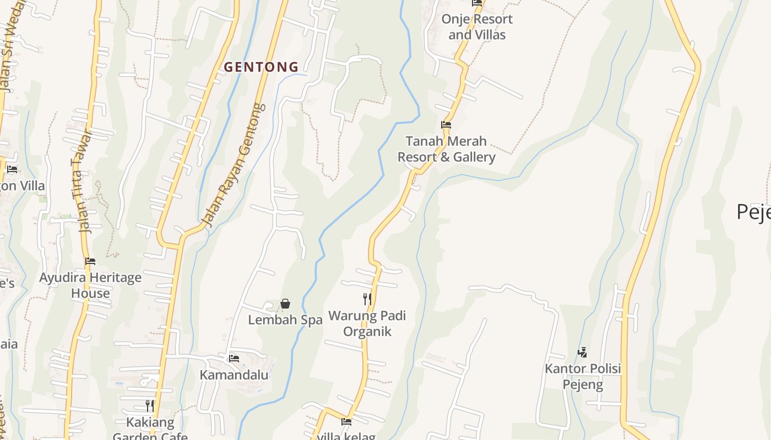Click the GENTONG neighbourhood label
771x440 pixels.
pyautogui.click(x=261, y=67)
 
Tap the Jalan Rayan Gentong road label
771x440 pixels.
pyautogui.click(x=234, y=165)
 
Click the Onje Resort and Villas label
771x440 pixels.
pyautogui.click(x=477, y=26)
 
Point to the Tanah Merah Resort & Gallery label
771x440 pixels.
pyautogui.click(x=447, y=149)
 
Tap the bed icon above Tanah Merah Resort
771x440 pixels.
pyautogui.click(x=446, y=125)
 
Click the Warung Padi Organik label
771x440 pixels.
pyautogui.click(x=367, y=323)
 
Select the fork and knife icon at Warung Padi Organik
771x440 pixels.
pyautogui.click(x=367, y=299)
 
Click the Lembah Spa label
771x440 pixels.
pyautogui.click(x=285, y=320)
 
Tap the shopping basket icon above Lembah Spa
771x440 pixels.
pyautogui.click(x=285, y=304)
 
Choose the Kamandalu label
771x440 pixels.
pyautogui.click(x=234, y=375)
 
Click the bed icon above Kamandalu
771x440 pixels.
pyautogui.click(x=234, y=359)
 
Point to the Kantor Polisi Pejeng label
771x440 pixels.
pyautogui.click(x=583, y=376)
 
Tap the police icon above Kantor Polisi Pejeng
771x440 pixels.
pyautogui.click(x=582, y=352)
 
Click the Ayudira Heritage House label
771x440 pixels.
pyautogui.click(x=90, y=285)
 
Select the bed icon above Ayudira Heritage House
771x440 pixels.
pyautogui.click(x=90, y=261)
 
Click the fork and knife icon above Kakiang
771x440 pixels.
pyautogui.click(x=149, y=406)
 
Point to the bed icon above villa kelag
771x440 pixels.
pyautogui.click(x=346, y=422)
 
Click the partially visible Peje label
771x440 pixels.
pyautogui.click(x=753, y=212)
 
